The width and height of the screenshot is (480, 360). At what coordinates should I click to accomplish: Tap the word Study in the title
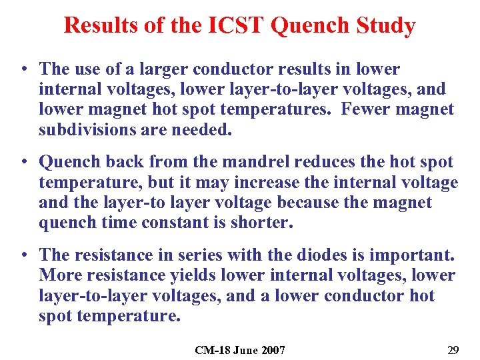[387, 25]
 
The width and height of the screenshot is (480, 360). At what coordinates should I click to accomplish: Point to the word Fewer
[366, 109]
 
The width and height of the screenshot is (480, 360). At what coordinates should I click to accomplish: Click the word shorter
[262, 222]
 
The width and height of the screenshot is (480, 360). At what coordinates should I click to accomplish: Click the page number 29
[453, 349]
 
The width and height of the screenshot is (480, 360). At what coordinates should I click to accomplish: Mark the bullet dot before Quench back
[24, 162]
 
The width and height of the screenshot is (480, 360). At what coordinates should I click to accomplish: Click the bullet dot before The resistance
[24, 255]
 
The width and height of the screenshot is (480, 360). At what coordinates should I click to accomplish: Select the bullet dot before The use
[24, 69]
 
